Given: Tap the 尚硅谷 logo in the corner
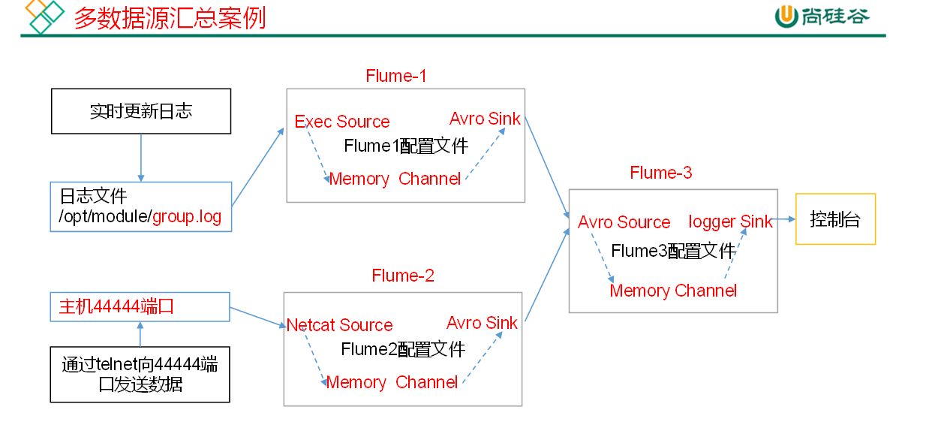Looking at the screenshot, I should point(822,17).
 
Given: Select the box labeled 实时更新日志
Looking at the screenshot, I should point(141,111).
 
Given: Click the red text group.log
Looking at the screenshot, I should point(187,218).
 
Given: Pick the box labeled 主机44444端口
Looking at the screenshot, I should point(140,306).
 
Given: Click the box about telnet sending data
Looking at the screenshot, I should point(140,374).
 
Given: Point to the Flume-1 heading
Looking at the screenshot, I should point(395,76).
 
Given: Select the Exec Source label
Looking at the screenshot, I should point(342,122).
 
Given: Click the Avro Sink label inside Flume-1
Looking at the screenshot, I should point(485,119).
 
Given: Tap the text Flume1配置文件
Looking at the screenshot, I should point(406,146).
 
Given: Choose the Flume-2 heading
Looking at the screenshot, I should point(403,276).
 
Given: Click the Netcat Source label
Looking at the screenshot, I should point(340,325).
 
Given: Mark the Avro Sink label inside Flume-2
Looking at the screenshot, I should point(482,323).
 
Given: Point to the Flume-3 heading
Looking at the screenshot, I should point(661,173).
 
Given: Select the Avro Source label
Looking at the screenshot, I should point(624,222).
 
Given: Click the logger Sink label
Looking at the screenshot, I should point(730,221).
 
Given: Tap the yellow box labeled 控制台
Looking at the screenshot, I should point(835,219).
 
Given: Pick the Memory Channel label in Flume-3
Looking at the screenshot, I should point(673,291).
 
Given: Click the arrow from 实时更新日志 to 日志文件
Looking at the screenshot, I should point(141,158).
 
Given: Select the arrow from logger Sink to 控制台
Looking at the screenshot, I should point(784,219).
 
